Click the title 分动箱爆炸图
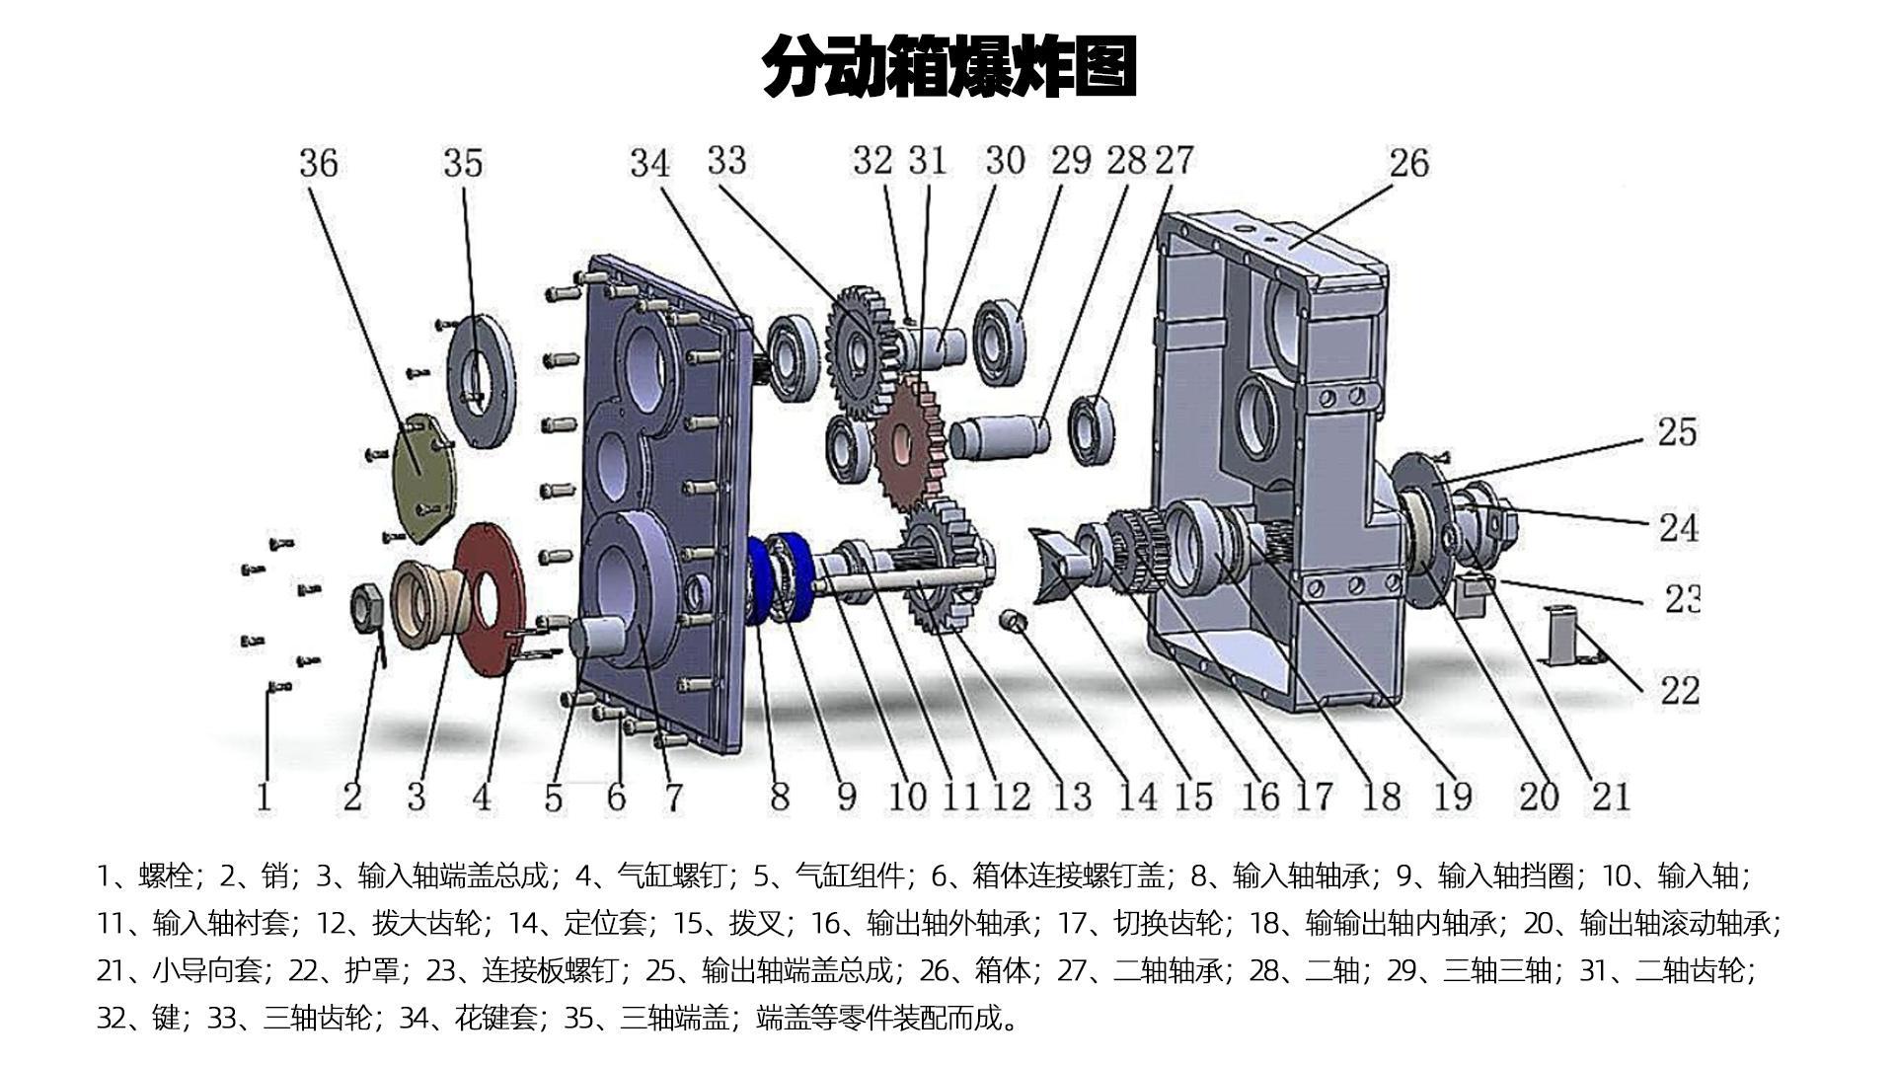[949, 67]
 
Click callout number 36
[319, 163]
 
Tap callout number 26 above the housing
[1407, 163]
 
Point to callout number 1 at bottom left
[263, 796]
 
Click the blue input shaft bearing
[780, 578]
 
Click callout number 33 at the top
[726, 161]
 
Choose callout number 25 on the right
[1676, 432]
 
